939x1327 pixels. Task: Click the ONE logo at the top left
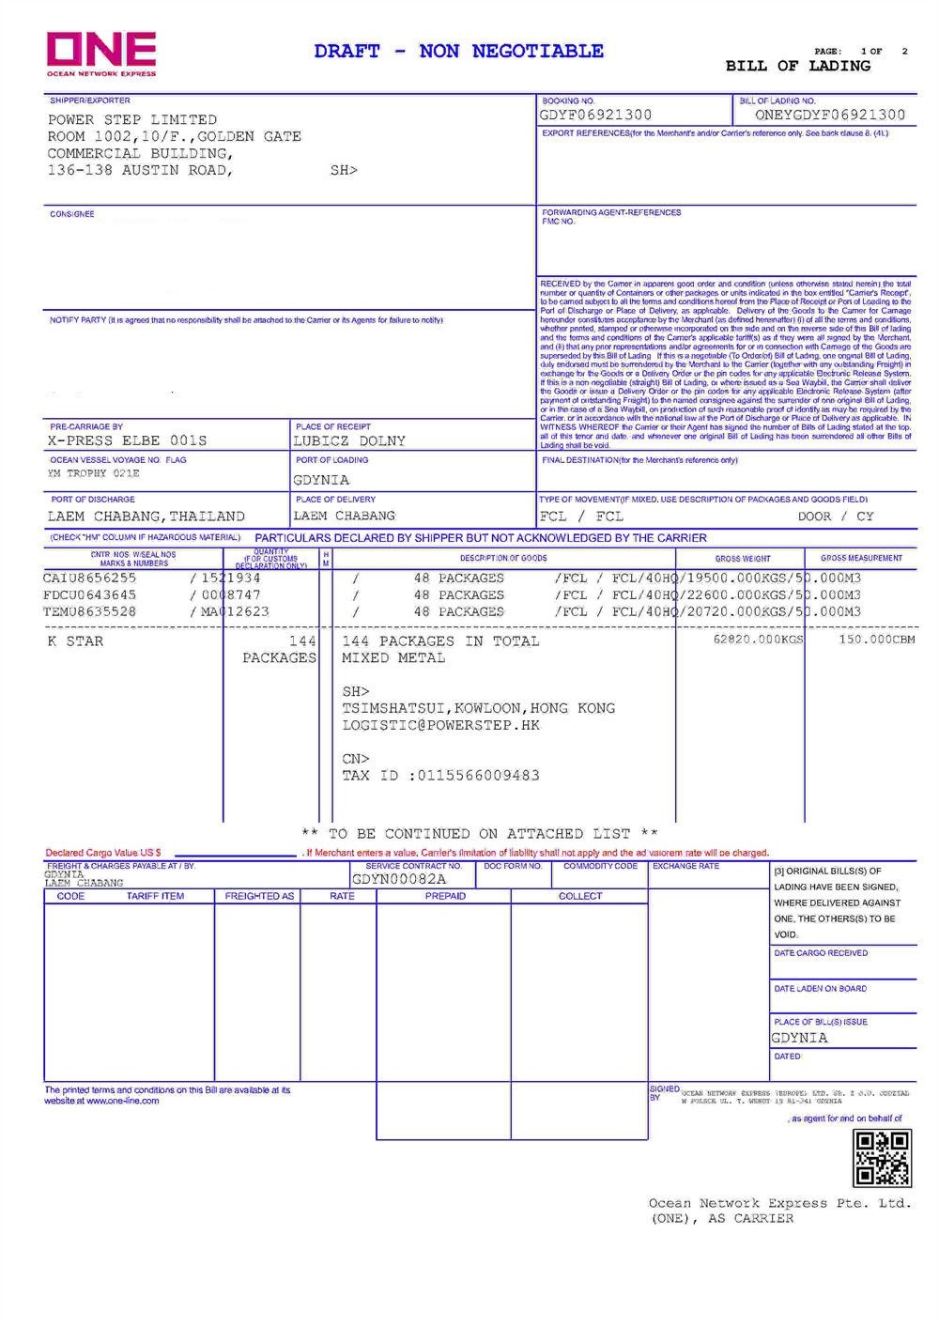101,53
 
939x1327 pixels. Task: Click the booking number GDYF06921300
595,116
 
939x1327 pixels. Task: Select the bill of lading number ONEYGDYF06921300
830,116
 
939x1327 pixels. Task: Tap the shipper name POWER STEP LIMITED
132,120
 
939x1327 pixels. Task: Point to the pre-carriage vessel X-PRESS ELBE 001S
127,440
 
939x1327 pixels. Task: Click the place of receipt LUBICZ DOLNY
349,440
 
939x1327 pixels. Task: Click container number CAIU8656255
90,579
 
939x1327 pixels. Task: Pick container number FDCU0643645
90,595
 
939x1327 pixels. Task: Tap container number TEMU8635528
90,612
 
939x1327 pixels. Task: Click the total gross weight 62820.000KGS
759,640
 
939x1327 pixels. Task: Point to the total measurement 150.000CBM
877,640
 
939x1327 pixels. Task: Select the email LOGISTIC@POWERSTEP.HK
441,726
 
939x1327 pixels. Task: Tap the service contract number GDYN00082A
399,880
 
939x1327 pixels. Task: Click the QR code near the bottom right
882,1158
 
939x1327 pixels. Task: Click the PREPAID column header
445,897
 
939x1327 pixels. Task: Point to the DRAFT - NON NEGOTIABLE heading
459,52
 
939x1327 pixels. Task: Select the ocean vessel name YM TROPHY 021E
93,474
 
